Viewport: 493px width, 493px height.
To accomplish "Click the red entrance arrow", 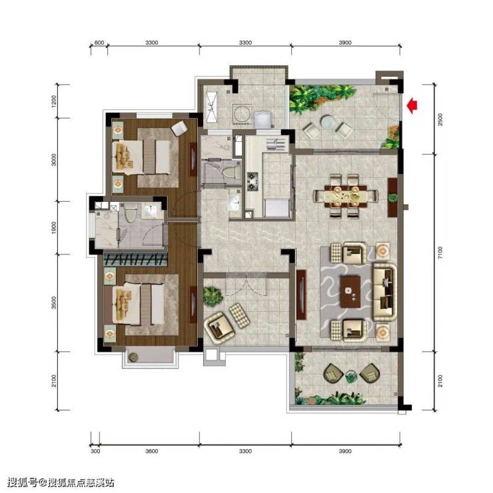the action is [412, 106].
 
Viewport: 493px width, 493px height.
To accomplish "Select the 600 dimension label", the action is [99, 43].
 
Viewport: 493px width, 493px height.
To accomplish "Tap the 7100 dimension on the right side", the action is [440, 252].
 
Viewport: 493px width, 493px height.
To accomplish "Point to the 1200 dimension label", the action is [54, 101].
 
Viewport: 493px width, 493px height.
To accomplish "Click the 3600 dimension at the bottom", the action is [151, 451].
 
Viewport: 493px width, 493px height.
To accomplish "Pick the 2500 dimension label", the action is [440, 119].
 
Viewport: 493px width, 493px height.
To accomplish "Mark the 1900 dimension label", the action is [54, 228].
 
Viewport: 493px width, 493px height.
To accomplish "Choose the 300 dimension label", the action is [95, 451].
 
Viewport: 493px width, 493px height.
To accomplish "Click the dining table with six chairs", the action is [346, 196].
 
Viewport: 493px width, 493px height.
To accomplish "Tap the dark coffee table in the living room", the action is [350, 292].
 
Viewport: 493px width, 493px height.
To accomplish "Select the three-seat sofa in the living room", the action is [385, 292].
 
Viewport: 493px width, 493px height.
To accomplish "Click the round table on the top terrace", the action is [328, 122].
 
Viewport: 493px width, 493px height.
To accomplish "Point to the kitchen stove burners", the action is [252, 181].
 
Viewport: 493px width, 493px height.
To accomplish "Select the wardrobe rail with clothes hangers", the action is [135, 260].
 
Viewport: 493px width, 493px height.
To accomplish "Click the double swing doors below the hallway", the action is [246, 284].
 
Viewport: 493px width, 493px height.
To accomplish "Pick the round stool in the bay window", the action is [133, 356].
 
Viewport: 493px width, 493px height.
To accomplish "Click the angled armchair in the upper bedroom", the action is [179, 129].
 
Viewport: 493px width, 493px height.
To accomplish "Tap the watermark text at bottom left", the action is [61, 482].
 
